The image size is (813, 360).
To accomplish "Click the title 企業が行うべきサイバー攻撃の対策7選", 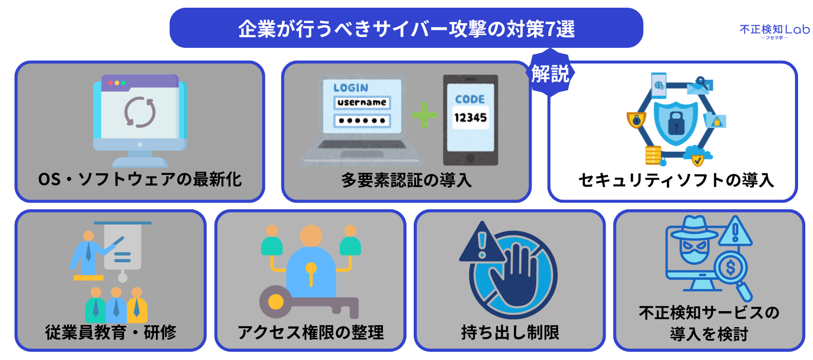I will tap(406, 29).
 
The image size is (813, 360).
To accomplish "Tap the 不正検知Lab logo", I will tap(774, 31).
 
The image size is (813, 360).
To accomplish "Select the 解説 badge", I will tap(551, 74).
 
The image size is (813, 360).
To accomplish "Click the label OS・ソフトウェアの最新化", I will tap(139, 179).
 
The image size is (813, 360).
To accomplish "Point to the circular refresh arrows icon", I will tap(139, 112).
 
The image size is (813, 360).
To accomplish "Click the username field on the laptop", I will tap(362, 102).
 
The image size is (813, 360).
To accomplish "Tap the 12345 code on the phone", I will tap(470, 118).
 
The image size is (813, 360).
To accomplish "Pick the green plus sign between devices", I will tap(425, 115).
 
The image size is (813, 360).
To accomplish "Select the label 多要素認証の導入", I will tap(406, 181).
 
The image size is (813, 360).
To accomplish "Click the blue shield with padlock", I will tap(676, 121).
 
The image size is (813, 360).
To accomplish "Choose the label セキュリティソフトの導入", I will tap(676, 180).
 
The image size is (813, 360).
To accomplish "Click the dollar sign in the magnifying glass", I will tap(730, 267).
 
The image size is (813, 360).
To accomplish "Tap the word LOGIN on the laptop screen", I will tap(351, 88).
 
